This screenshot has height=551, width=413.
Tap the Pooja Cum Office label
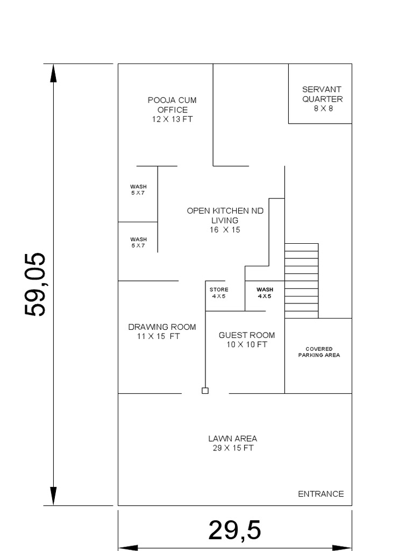click(x=172, y=105)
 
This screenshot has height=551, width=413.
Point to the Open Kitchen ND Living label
click(x=225, y=215)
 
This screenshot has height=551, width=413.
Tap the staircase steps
click(x=301, y=280)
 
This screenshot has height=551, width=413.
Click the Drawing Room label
click(x=162, y=327)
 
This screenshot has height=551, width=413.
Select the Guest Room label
click(x=246, y=335)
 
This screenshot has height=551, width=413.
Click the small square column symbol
click(x=205, y=391)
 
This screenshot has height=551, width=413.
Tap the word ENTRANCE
click(x=321, y=494)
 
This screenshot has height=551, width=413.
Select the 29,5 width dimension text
click(x=234, y=531)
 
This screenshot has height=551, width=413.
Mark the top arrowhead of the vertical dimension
click(x=53, y=73)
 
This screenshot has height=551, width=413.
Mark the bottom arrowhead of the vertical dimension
click(x=53, y=496)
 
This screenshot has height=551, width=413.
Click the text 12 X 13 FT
click(x=172, y=119)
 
